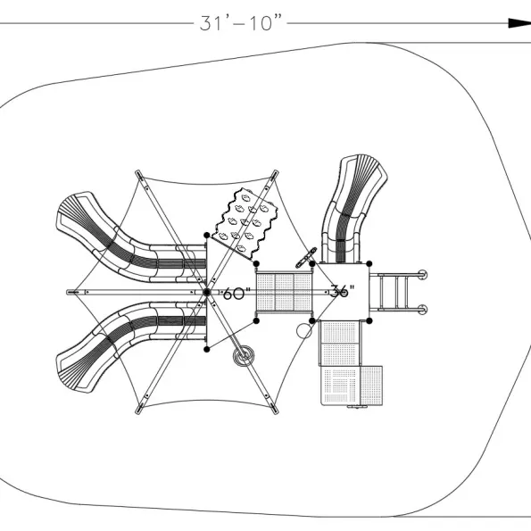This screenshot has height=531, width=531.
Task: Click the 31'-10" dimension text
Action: click(241, 23)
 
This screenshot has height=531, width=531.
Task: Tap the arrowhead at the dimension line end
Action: click(519, 23)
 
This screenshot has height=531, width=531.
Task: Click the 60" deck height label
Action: click(236, 294)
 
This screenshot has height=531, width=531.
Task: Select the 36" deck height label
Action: click(342, 291)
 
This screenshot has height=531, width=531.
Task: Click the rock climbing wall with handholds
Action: click(245, 224)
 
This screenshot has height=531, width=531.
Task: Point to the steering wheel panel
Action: click(306, 258)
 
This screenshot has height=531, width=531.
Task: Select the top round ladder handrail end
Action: click(422, 274)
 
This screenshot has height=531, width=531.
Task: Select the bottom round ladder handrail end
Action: click(422, 310)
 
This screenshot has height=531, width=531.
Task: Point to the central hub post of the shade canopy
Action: click(206, 292)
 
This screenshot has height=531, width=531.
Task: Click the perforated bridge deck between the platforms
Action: click(284, 292)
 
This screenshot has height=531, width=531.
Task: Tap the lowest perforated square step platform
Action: click(352, 386)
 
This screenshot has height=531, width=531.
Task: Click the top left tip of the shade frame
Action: click(137, 172)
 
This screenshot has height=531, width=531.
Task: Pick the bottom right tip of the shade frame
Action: click(276, 411)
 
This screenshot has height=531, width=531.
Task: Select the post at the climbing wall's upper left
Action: click(206, 235)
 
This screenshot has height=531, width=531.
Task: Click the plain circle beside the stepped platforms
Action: click(304, 331)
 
